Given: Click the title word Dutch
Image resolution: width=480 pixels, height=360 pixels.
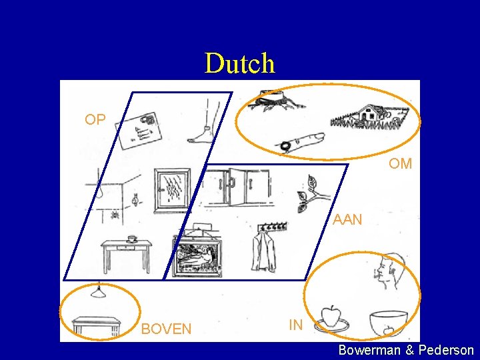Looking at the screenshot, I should tap(239, 63).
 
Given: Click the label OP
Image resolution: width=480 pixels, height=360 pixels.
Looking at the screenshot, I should tap(95, 120).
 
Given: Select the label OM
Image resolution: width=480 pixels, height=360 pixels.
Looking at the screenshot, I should tap(400, 163).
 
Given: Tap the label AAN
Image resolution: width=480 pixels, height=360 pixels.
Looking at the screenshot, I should tap(347, 219).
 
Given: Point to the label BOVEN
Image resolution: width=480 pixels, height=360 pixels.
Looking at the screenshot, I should tap(166, 329).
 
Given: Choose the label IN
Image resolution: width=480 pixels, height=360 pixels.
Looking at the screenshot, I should tap(296, 325).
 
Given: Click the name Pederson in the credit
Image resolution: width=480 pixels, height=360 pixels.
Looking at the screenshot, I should tap(446, 350).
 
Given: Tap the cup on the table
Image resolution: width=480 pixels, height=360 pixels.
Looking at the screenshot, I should tap(131, 238).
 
